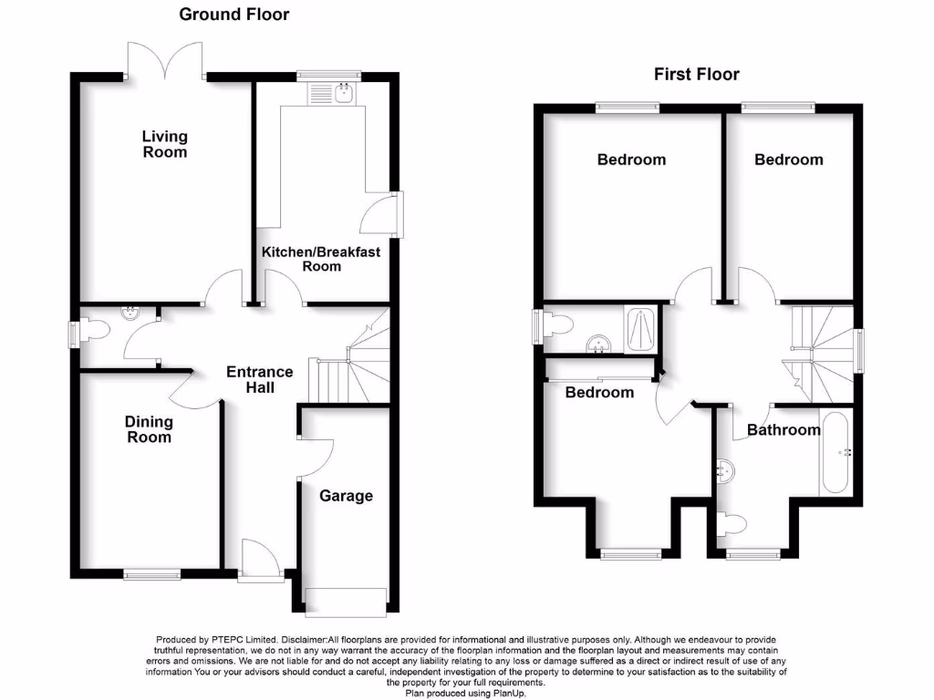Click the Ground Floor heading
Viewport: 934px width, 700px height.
click(x=233, y=15)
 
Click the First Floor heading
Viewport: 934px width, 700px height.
click(x=697, y=75)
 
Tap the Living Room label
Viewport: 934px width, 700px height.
click(x=164, y=144)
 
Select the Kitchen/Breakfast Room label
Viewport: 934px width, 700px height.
click(x=321, y=259)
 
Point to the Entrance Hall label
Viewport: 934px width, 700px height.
click(x=260, y=379)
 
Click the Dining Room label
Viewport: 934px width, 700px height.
click(x=149, y=429)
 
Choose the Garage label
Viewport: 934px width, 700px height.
click(x=346, y=496)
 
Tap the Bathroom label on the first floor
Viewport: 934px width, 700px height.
click(x=784, y=429)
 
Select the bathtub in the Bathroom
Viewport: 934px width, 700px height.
click(x=835, y=453)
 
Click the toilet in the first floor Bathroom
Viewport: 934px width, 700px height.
click(x=734, y=523)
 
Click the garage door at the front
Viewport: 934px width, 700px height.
click(x=346, y=602)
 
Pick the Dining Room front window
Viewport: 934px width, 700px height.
click(x=152, y=574)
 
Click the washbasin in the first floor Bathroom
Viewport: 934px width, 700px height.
click(x=727, y=470)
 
